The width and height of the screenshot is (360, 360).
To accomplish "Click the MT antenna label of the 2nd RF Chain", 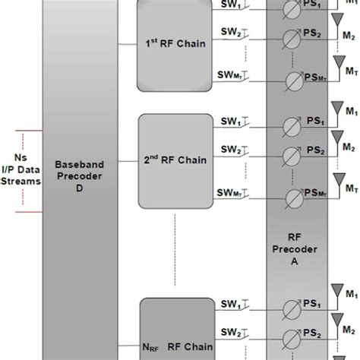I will click(349, 187).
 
